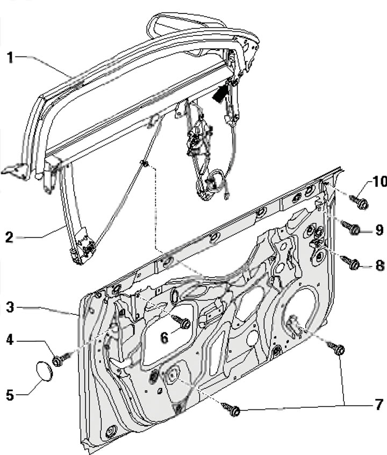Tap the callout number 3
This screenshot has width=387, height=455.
[x=9, y=308]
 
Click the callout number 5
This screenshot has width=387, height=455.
[x=9, y=395]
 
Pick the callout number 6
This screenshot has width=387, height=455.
[x=165, y=337]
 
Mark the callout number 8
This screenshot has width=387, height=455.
[x=378, y=265]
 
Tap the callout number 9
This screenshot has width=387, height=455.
[x=378, y=230]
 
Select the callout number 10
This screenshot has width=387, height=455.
[x=378, y=182]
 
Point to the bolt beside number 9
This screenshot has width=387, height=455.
[x=354, y=229]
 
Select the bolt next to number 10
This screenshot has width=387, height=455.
[x=360, y=202]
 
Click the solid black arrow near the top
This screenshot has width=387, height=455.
[x=220, y=95]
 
